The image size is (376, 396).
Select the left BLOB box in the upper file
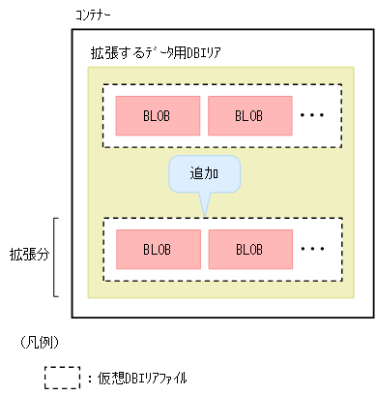click(157, 116)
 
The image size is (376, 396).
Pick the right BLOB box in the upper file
click(248, 116)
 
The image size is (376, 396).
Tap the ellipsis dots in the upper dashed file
click(314, 116)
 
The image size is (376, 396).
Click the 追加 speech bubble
click(203, 174)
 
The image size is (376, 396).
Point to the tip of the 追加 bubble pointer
click(203, 215)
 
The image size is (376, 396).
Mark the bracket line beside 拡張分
click(57, 257)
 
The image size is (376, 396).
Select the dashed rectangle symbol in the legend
click(63, 377)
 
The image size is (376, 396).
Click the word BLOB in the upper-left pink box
click(157, 116)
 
